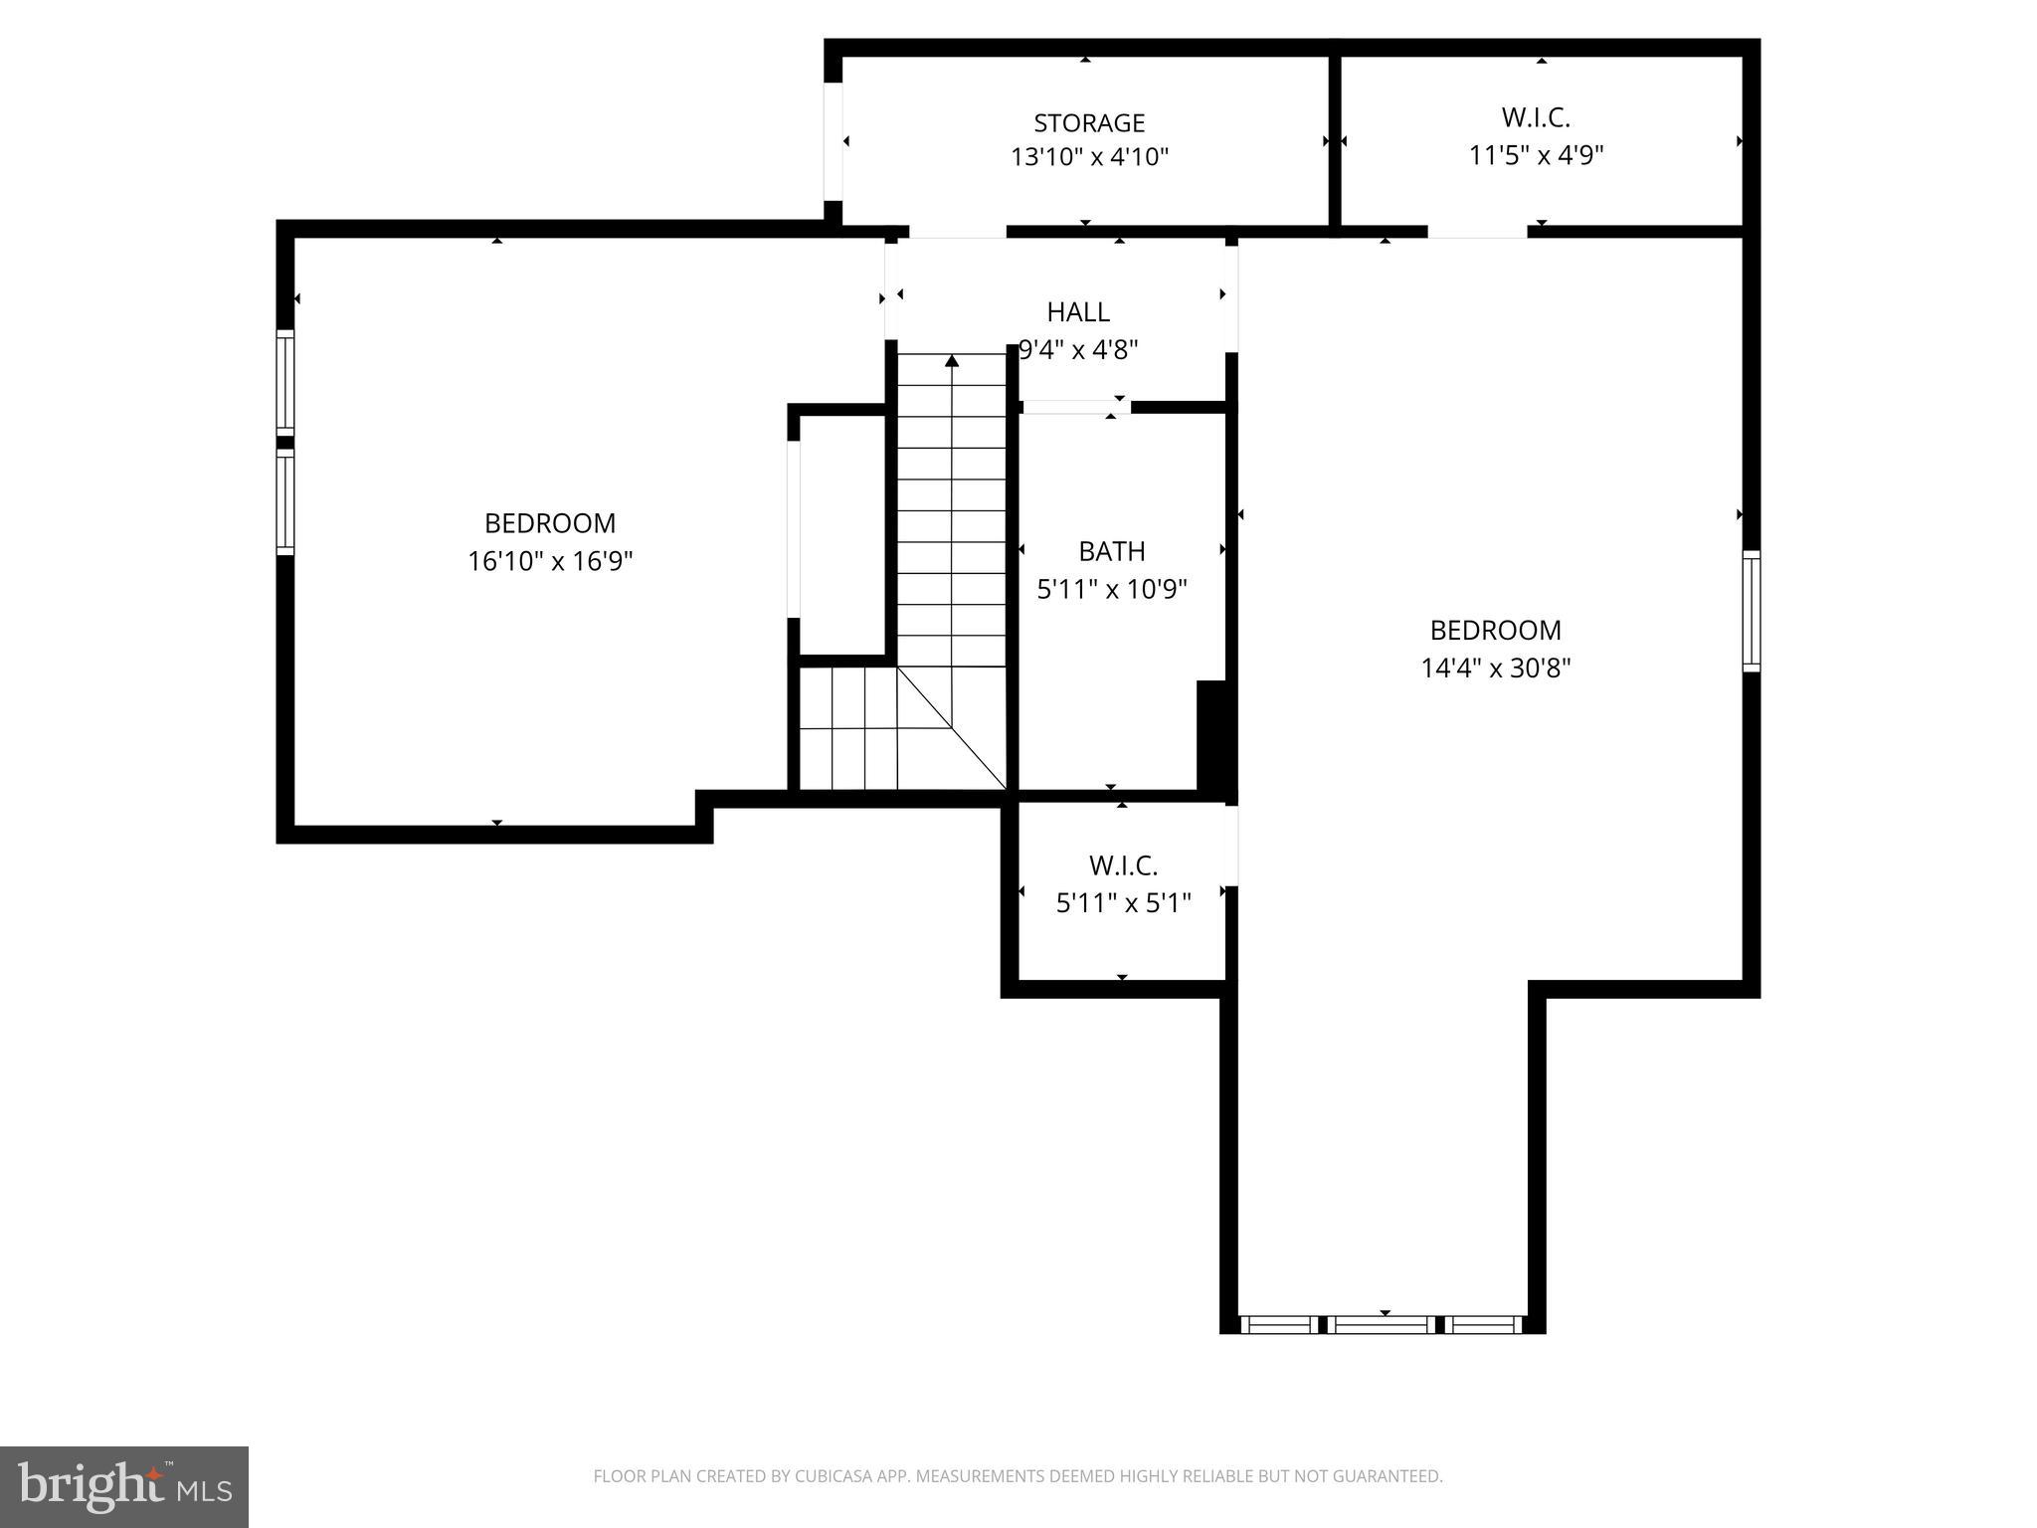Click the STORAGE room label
[x=1089, y=123]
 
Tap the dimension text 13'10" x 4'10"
[x=1089, y=157]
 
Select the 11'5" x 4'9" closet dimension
[x=1536, y=155]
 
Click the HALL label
[x=1078, y=312]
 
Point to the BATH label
[x=1111, y=551]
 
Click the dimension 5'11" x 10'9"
[x=1111, y=590]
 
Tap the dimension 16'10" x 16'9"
[x=550, y=561]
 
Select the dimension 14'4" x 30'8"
[x=1495, y=668]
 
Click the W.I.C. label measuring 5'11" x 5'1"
[x=1123, y=865]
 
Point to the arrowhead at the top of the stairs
[x=952, y=361]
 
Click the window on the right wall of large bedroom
[x=1751, y=611]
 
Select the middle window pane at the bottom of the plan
[x=1383, y=1324]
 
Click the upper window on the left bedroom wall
[x=285, y=382]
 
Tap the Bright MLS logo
[x=123, y=1486]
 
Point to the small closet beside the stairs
[x=841, y=534]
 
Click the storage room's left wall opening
[x=833, y=141]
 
